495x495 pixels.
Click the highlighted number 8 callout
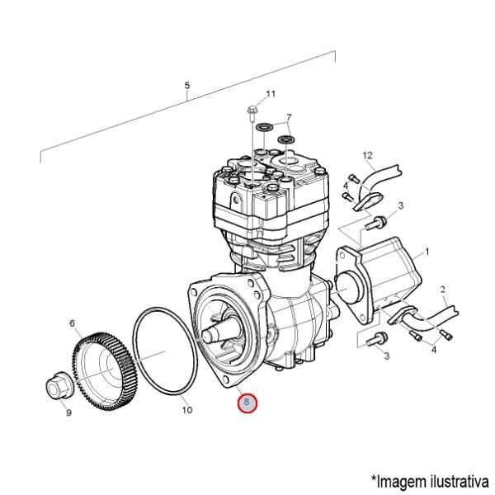[x=247, y=403]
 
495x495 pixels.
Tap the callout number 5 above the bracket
[x=187, y=86]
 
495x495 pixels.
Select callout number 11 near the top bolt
[x=271, y=94]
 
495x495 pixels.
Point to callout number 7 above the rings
[x=289, y=117]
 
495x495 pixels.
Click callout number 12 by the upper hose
[x=367, y=155]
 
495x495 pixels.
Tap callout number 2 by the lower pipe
[x=442, y=290]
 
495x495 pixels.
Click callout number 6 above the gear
[x=73, y=323]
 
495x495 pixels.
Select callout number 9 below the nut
[x=68, y=412]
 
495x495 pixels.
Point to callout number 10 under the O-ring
[x=187, y=410]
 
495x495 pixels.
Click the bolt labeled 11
[x=252, y=114]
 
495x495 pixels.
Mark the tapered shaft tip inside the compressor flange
[x=209, y=335]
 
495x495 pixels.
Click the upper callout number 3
[x=401, y=205]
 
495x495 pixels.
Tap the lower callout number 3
[x=387, y=356]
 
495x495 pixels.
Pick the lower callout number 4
[x=434, y=350]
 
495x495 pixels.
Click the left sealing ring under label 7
[x=264, y=127]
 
